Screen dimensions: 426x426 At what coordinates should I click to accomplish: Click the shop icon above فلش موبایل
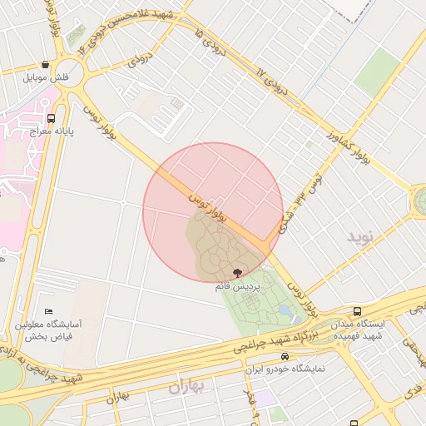[44, 64]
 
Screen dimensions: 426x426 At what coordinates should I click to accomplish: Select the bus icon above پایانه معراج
[52, 118]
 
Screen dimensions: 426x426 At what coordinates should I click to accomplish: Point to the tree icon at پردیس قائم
[238, 273]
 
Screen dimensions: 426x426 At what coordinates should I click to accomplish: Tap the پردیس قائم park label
[238, 285]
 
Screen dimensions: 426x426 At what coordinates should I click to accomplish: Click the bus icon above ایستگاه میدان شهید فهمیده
[357, 311]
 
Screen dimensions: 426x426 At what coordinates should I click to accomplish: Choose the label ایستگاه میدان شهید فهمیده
[358, 329]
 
